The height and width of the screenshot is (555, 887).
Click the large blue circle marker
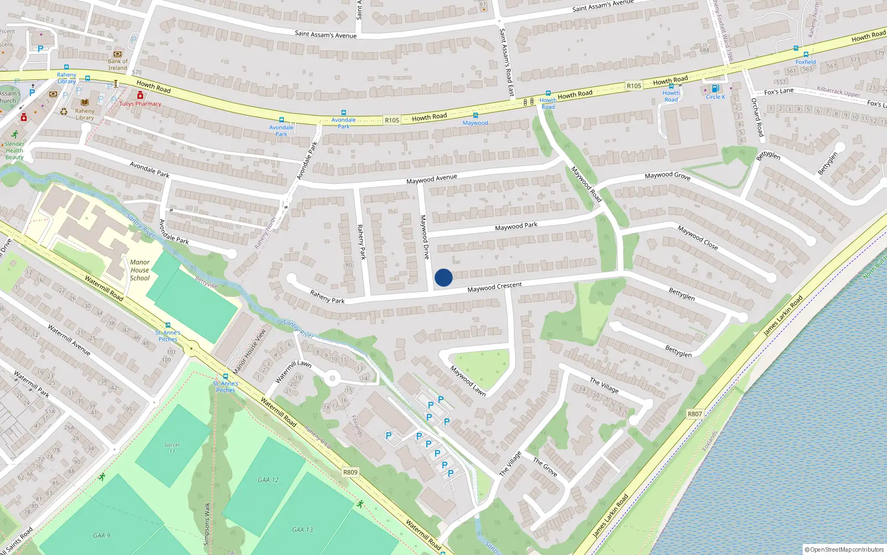(x=443, y=277)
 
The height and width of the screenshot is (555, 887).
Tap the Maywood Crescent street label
(x=494, y=287)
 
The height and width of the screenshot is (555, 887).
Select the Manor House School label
(x=140, y=270)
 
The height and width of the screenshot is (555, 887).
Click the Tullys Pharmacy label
(x=140, y=104)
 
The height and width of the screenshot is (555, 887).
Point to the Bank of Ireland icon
(x=117, y=54)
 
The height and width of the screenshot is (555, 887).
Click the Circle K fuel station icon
(x=715, y=89)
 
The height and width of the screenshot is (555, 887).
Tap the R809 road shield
(x=350, y=472)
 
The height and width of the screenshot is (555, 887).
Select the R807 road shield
(x=695, y=414)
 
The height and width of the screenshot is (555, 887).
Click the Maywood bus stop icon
(x=475, y=115)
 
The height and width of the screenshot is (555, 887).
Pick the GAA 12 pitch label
(x=268, y=480)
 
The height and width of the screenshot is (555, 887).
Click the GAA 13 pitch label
(x=302, y=529)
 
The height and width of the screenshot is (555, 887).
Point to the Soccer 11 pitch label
(x=172, y=447)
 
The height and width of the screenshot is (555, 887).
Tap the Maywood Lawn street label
(x=467, y=381)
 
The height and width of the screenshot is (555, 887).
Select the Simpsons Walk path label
(x=207, y=524)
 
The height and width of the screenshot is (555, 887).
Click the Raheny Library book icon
(x=85, y=103)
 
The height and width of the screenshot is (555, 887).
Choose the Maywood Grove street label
(x=667, y=175)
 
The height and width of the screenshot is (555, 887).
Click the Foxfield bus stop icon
(x=806, y=54)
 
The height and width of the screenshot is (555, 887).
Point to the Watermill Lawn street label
(x=293, y=371)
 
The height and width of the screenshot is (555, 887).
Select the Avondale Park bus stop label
(x=281, y=130)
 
